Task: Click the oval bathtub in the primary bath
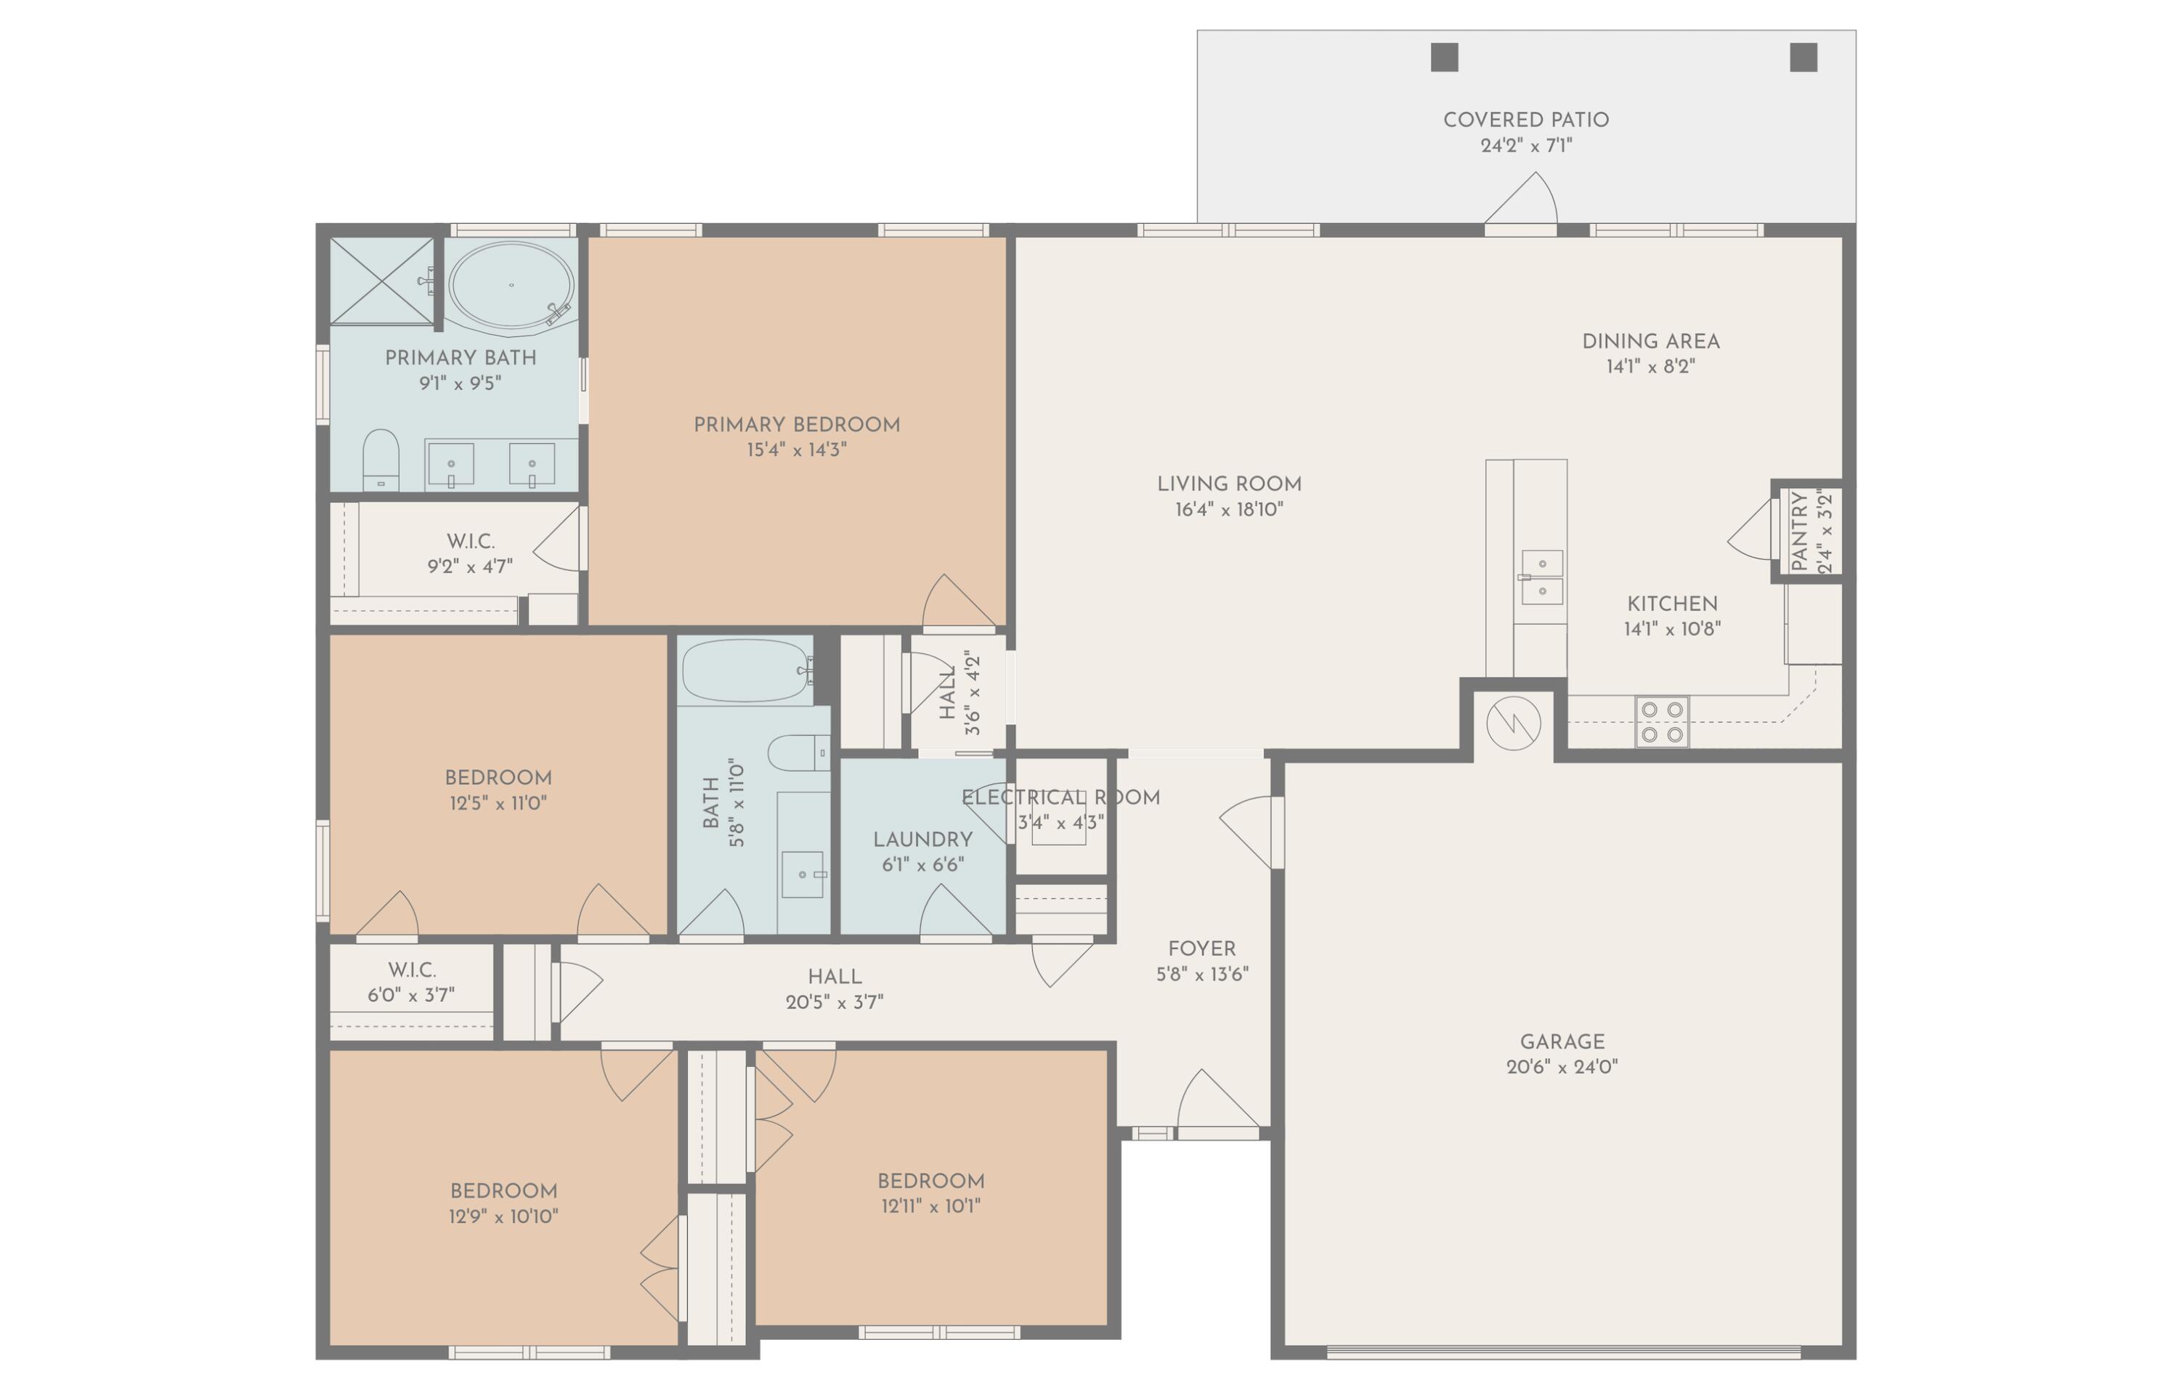[x=511, y=285]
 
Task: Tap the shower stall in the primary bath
[x=381, y=280]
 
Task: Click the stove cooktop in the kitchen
[x=1662, y=722]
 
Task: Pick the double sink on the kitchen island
[x=1541, y=577]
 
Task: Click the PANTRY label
[x=1799, y=531]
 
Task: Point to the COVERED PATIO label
[x=1526, y=120]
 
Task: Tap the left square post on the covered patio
[x=1444, y=57]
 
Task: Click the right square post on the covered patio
[x=1803, y=57]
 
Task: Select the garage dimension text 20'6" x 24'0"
[x=1562, y=1067]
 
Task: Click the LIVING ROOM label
[x=1228, y=484]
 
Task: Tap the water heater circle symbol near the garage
[x=1513, y=723]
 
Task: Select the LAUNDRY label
[x=922, y=839]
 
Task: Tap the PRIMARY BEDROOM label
[x=796, y=425]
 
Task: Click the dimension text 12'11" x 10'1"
[x=930, y=1205]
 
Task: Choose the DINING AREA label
[x=1650, y=341]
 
